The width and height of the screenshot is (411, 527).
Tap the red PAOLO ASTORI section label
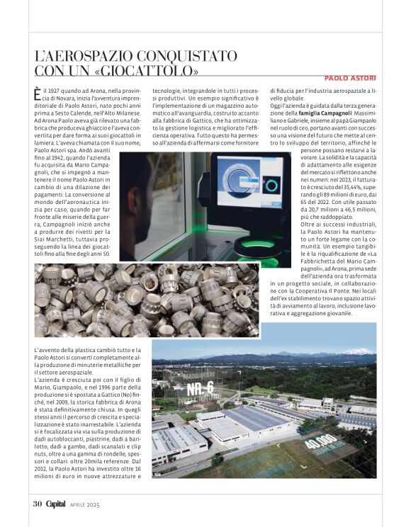tap(350, 78)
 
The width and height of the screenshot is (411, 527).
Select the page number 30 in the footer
tap(38, 504)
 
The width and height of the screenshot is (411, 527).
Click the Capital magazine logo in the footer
tap(56, 504)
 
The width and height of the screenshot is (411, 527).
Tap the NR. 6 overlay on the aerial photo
tap(200, 389)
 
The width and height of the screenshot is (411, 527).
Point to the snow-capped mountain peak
tap(357, 351)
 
